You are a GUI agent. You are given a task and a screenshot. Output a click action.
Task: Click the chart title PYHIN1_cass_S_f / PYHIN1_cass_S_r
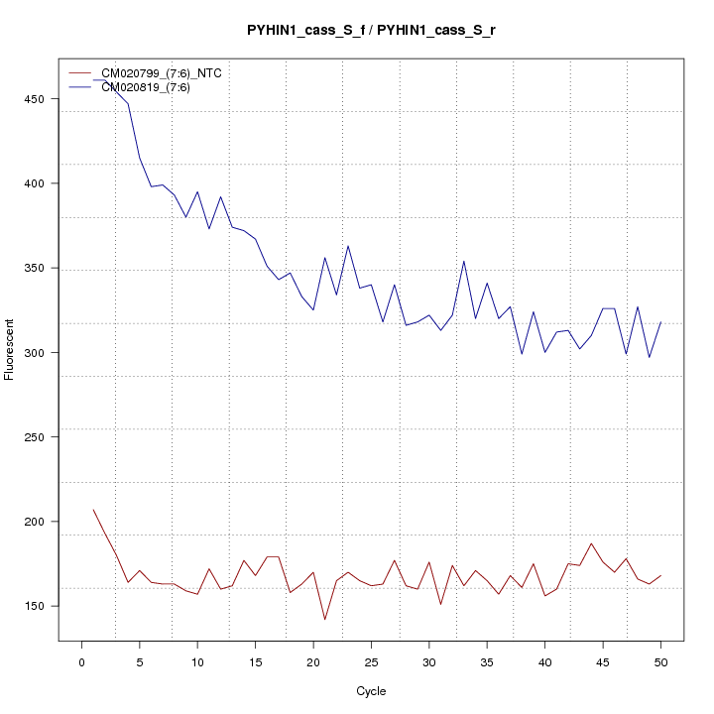371,30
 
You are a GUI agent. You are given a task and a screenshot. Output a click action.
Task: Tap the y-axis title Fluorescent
11,349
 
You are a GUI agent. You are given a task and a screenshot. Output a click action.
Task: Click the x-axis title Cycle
371,691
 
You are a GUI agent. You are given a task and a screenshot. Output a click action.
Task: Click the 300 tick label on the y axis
41,353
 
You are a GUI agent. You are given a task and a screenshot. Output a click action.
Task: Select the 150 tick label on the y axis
41,606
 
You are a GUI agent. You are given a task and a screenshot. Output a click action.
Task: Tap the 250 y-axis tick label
41,437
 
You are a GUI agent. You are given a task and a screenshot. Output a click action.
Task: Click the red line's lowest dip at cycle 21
325,620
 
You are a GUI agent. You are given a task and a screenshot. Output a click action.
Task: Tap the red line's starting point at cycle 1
93,510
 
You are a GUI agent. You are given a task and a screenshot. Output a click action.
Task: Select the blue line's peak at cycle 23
348,246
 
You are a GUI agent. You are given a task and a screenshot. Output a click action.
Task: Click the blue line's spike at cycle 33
464,261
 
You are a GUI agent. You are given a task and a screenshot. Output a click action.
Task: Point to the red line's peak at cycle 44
591,543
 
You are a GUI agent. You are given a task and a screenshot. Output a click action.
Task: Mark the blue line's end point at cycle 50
660,322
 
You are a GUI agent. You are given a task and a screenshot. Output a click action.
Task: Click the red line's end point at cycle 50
660,576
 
